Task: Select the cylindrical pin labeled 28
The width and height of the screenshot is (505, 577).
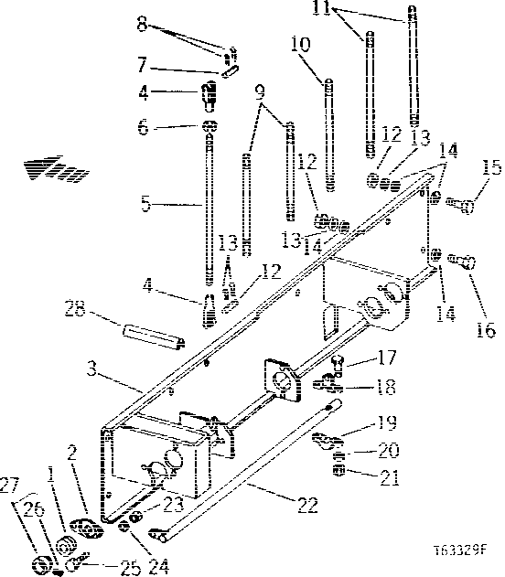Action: coord(148,331)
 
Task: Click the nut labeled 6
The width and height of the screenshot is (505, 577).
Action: coord(210,128)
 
